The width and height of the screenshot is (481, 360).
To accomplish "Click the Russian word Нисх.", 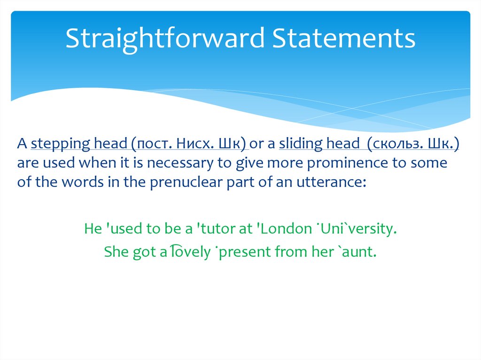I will [x=197, y=145].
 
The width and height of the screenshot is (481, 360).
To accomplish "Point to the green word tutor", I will [x=217, y=229].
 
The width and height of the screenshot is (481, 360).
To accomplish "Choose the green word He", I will [x=93, y=229].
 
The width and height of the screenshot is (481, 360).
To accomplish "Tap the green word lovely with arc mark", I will [x=190, y=252].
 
